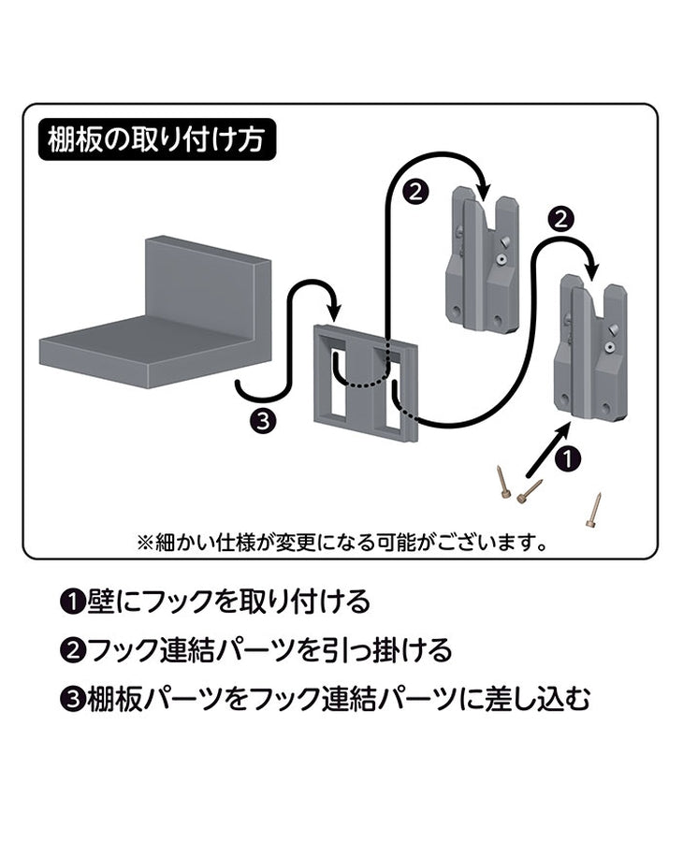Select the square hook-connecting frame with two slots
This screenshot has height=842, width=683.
(365, 383)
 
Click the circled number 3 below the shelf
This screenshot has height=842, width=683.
(265, 420)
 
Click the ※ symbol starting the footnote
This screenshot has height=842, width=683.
(144, 541)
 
